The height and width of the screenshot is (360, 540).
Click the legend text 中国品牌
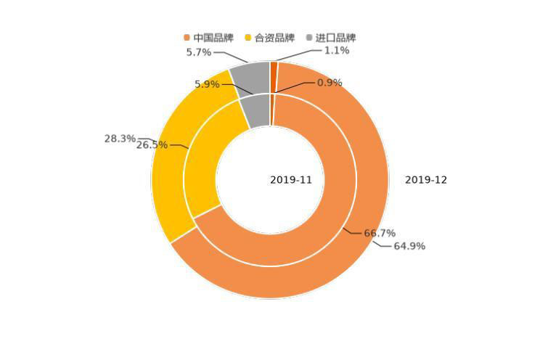point(213,38)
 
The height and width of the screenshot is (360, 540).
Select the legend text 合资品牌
point(274,38)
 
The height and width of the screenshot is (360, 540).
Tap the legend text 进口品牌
point(335,38)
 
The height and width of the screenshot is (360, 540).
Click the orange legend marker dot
point(187,38)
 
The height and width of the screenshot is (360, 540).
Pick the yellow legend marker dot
point(248,38)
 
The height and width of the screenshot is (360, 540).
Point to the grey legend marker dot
point(309,38)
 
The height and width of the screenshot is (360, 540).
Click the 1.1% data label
point(336,51)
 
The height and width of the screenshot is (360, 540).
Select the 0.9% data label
point(330,83)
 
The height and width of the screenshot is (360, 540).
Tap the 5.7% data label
point(198,52)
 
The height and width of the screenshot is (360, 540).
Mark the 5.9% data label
point(207,85)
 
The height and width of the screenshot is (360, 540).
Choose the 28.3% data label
point(120,139)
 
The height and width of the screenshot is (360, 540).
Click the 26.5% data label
point(152,145)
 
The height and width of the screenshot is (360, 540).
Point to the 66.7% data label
point(380,234)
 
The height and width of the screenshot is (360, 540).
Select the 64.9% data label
point(409,247)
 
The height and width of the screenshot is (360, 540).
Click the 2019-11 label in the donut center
point(291,180)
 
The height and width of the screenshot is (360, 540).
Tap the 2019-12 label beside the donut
point(426,180)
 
